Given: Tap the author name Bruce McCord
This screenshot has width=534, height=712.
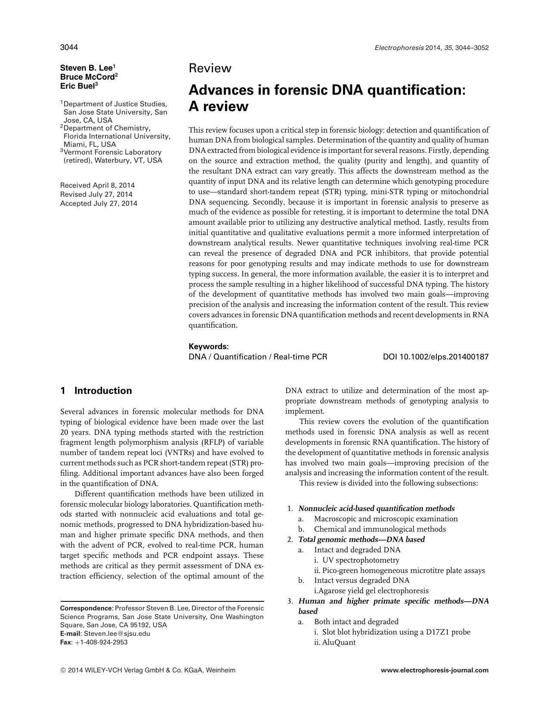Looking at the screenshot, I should pos(87,77).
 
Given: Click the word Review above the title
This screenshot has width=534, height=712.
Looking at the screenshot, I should pos(210,68).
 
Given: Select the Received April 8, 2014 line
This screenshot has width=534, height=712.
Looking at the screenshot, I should pos(97,186).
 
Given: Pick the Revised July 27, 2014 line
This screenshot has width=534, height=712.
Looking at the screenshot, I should pos(96,195).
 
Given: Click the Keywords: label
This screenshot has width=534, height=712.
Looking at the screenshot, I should pos(209,347).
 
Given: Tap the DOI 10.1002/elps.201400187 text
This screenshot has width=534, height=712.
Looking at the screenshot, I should pos(435,357).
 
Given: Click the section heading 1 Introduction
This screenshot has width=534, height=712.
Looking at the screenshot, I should pos(96,391).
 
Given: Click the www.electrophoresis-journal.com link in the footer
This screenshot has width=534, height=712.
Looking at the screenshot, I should pos(435,670).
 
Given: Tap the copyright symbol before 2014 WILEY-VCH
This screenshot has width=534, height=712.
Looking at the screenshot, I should pos(63,670).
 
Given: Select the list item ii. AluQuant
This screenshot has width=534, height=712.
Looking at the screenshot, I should pos(335,643).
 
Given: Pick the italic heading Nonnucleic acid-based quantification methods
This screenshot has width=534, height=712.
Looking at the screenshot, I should pos(377,508).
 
